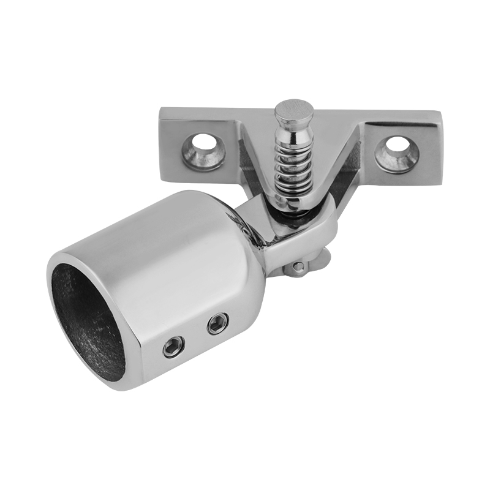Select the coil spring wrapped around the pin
pos(292,165)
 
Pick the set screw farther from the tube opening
pos(217,323)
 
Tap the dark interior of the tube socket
pos(86,325)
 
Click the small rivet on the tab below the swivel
pos(298,266)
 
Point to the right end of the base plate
pos(432,147)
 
